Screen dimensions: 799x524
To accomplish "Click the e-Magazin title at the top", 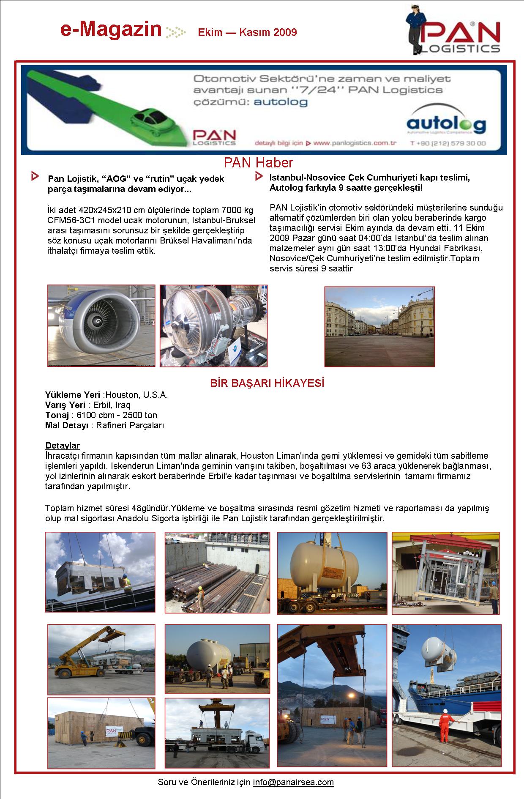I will pyautogui.click(x=111, y=30).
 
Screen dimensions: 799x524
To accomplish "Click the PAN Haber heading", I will pyautogui.click(x=258, y=163).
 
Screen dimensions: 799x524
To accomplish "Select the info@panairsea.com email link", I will pyautogui.click(x=293, y=782).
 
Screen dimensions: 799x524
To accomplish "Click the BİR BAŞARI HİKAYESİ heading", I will pyautogui.click(x=267, y=383).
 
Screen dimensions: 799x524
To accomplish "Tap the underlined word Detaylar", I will pyautogui.click(x=63, y=446).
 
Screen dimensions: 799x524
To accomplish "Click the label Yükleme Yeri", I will pyautogui.click(x=72, y=395).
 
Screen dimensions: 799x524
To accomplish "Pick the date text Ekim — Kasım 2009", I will pyautogui.click(x=247, y=32).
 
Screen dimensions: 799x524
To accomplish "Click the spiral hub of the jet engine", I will pyautogui.click(x=99, y=323).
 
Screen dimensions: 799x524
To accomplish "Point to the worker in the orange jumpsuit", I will pyautogui.click(x=445, y=727).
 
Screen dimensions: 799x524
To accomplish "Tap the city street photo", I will pyautogui.click(x=379, y=326).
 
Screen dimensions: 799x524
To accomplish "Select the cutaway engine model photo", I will pyautogui.click(x=213, y=326).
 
